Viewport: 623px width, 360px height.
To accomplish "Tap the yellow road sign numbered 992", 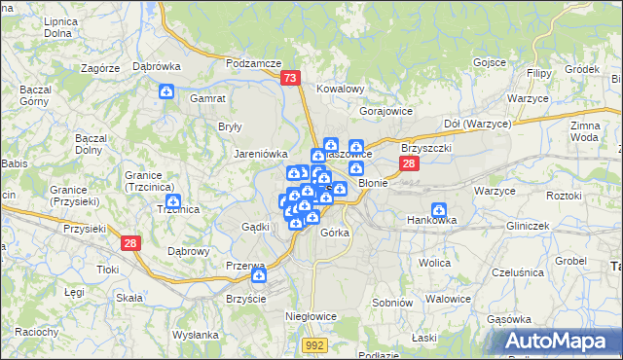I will tap(314, 344).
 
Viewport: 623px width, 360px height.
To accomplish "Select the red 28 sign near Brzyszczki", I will tap(410, 163).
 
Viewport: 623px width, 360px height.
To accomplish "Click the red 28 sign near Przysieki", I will tap(131, 242).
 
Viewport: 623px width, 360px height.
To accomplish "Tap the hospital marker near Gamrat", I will tap(166, 91).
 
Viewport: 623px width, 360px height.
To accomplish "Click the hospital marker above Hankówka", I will tap(439, 209).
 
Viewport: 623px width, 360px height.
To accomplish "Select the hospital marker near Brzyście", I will tap(258, 276).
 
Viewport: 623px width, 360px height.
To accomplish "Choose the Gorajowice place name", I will tap(386, 111).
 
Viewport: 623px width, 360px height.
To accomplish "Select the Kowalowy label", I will tap(341, 89).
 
